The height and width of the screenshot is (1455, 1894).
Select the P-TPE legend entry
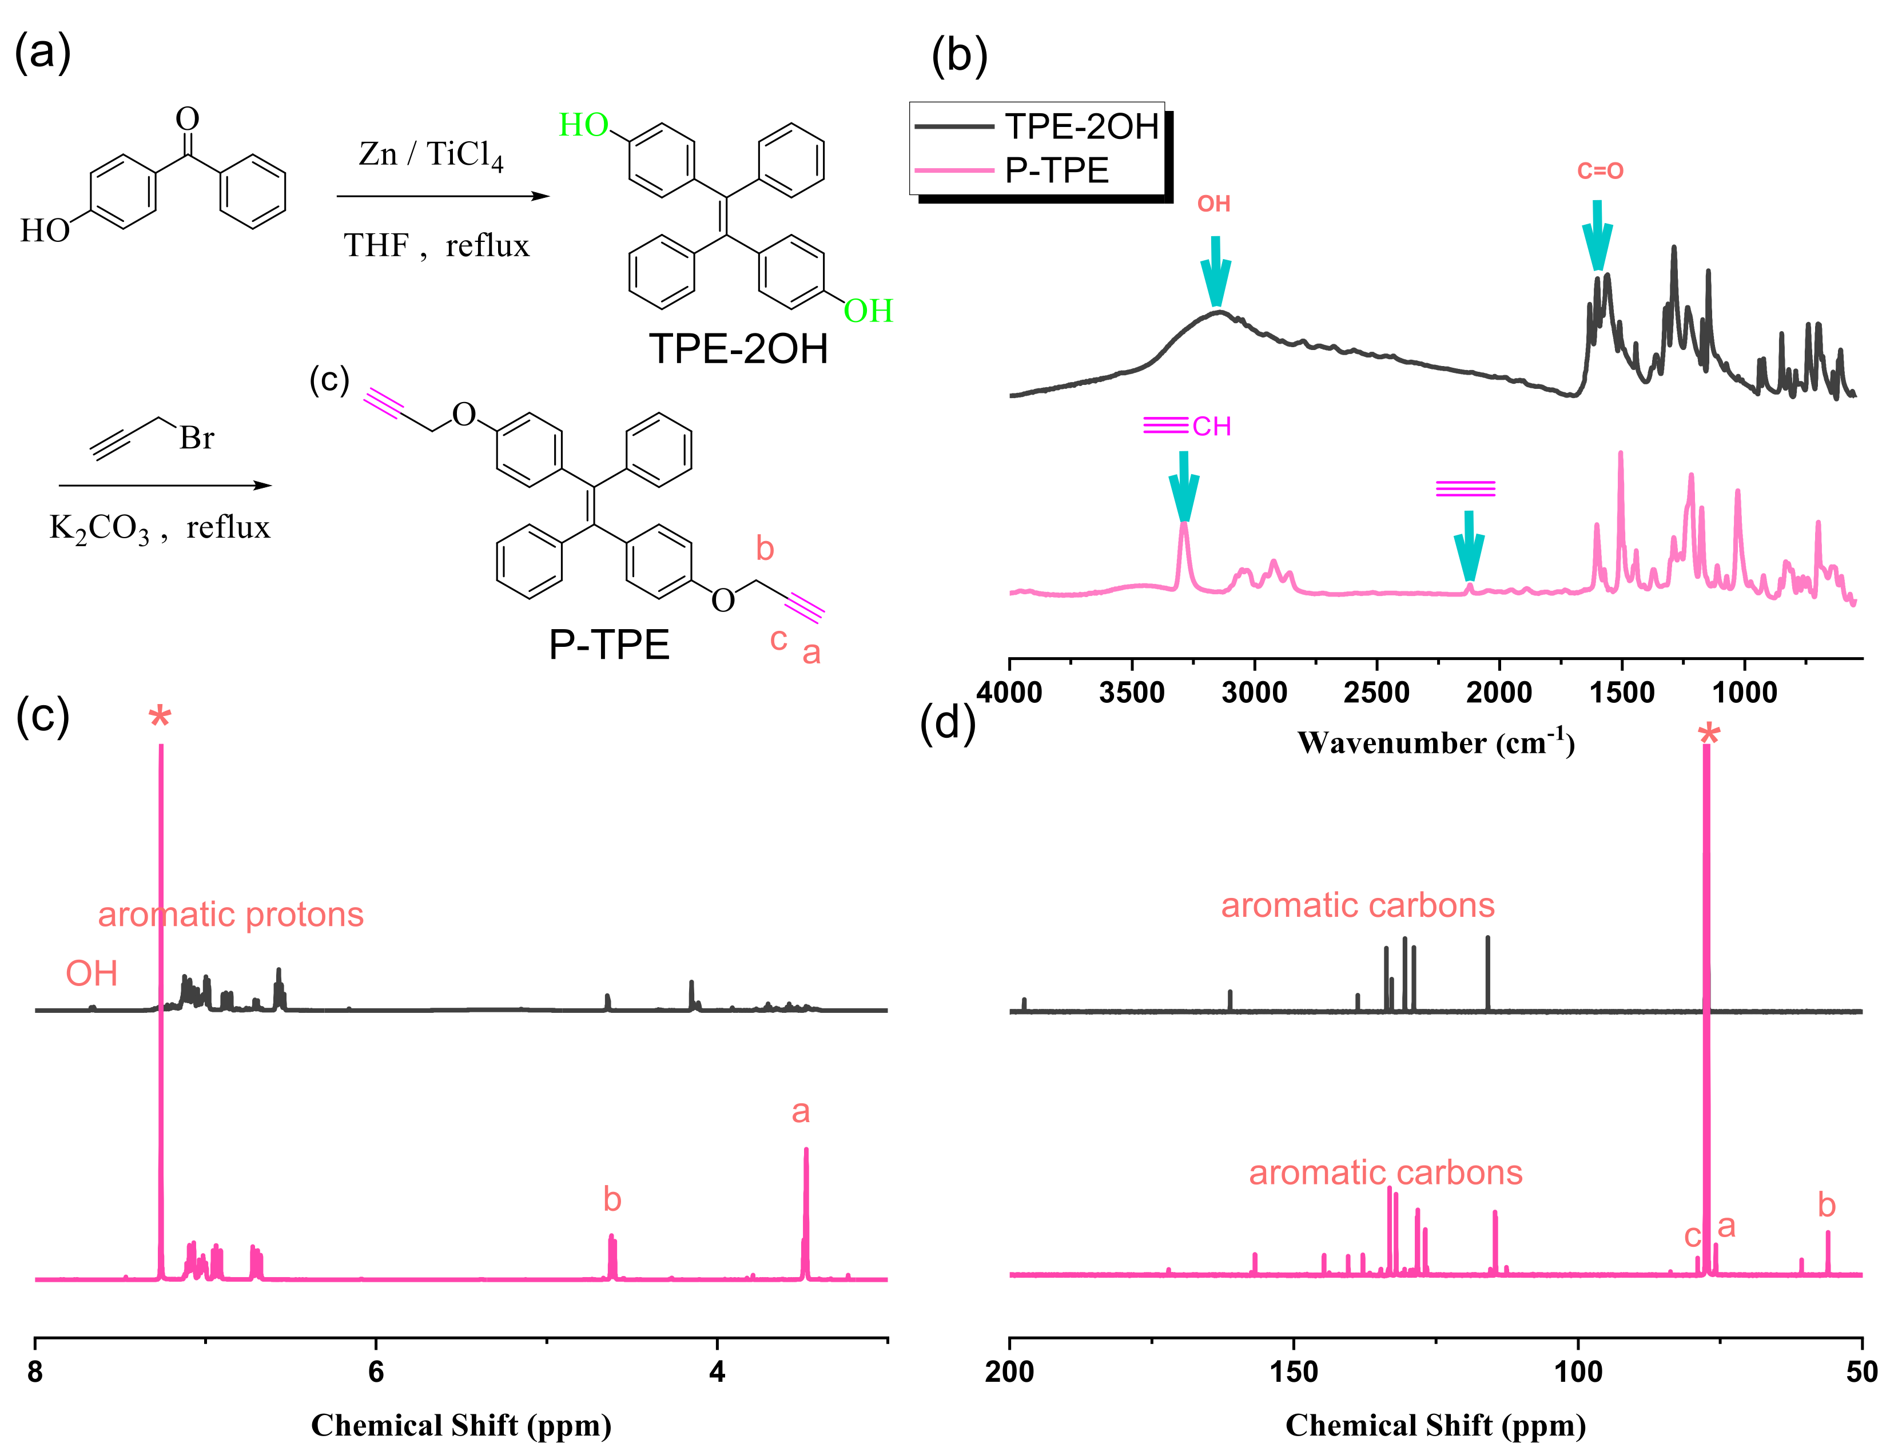(1057, 170)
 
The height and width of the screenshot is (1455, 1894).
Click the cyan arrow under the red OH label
(1216, 272)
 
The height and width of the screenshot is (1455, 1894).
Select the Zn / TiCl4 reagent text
(431, 156)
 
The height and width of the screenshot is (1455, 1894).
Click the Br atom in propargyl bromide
(197, 438)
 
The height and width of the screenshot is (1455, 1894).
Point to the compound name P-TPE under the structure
(609, 645)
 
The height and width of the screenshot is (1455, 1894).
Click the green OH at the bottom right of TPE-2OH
(868, 311)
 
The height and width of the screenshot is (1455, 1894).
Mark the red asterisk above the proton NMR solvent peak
(160, 718)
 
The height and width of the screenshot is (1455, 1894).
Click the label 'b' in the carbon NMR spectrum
(1827, 1204)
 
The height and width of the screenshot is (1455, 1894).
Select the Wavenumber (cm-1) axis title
(1435, 743)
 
